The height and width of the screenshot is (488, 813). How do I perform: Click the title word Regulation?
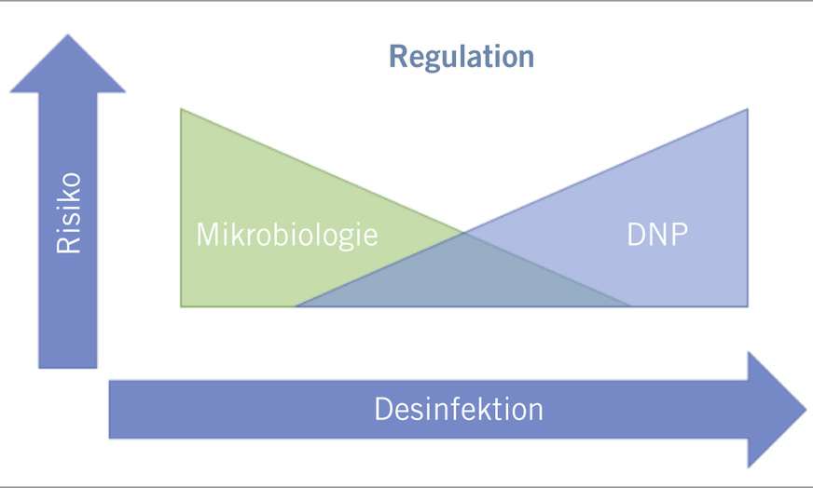[x=462, y=56]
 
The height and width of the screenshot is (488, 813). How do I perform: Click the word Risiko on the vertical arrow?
[x=68, y=213]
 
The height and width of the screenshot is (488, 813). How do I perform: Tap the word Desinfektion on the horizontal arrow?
[x=459, y=409]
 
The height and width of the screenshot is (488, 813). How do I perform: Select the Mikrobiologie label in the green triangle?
[x=287, y=234]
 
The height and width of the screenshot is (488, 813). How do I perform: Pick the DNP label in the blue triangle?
[x=658, y=234]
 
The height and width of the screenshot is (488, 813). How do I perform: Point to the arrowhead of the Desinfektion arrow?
[x=779, y=409]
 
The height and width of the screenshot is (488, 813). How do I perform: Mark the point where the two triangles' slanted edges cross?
[x=463, y=232]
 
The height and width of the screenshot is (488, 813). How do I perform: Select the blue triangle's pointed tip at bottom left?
[x=297, y=305]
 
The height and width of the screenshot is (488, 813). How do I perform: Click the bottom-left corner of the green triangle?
[x=183, y=305]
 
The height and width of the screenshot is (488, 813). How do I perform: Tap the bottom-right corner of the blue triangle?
[x=746, y=305]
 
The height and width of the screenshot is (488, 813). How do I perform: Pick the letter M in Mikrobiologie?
[x=207, y=234]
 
